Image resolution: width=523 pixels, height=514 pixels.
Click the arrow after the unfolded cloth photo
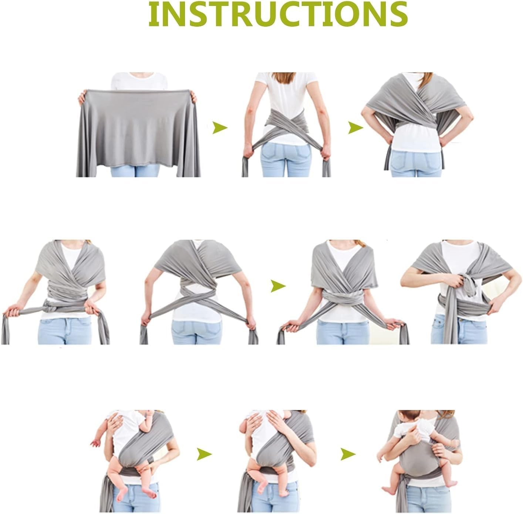[220, 128]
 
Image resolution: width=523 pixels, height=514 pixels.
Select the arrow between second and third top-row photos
[355, 128]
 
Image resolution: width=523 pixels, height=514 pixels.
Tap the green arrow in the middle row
[278, 286]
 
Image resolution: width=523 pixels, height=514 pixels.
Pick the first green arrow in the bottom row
[204, 453]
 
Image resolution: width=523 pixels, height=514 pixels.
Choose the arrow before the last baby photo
[348, 453]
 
